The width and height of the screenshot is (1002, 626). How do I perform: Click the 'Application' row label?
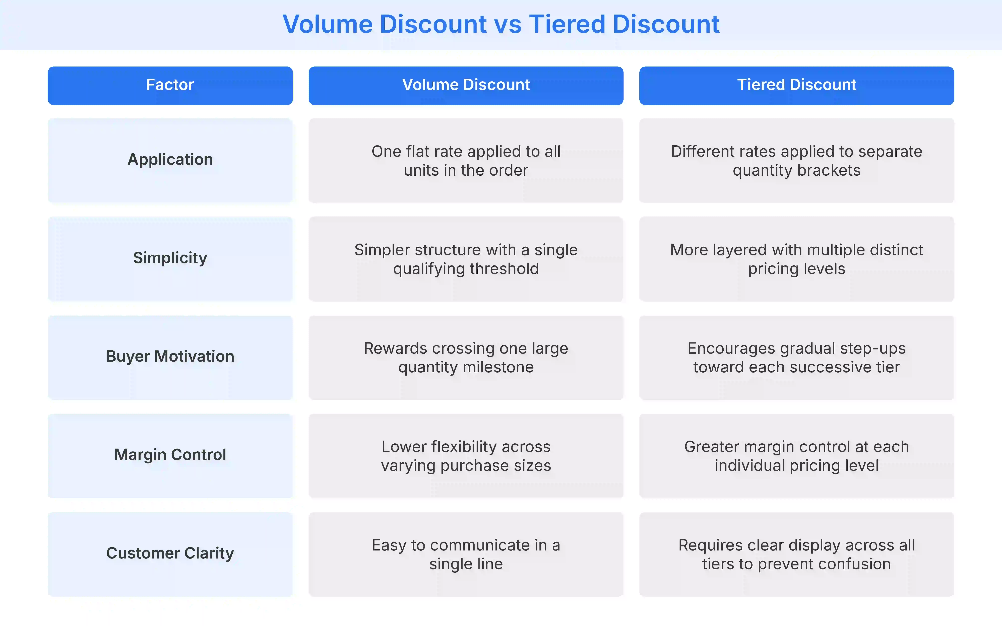point(170,160)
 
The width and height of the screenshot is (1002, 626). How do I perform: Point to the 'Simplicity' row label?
point(170,258)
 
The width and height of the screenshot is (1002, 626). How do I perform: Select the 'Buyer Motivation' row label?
point(170,357)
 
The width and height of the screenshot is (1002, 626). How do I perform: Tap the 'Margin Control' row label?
point(170,455)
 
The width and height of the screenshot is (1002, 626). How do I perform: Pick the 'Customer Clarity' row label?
point(170,553)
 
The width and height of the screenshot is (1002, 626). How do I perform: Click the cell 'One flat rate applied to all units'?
point(466,161)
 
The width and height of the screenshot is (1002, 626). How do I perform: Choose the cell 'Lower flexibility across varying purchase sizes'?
point(466,456)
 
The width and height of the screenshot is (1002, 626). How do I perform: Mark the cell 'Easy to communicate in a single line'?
point(466,554)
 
